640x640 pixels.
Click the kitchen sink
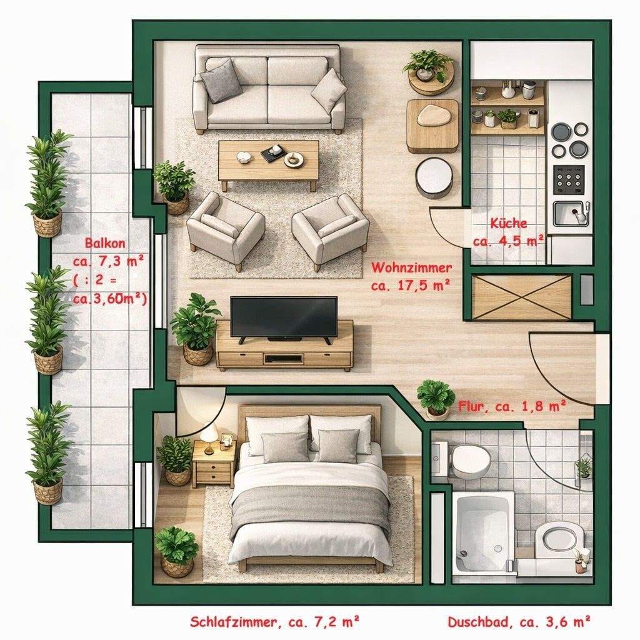coord(571,214)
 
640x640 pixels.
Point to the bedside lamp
coord(210,437)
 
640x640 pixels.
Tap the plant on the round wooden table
coord(427,65)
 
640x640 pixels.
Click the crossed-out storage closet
coord(522,297)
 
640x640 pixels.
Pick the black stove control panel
coord(569,180)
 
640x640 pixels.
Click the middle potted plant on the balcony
coord(48,319)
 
